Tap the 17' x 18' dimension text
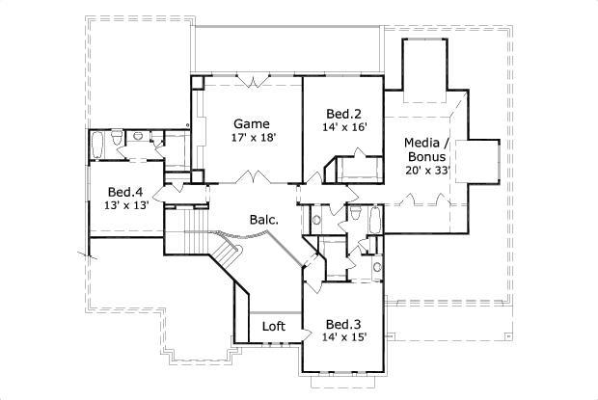(x=255, y=138)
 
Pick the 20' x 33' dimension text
(x=428, y=170)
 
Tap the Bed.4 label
(x=125, y=191)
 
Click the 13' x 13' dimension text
(x=125, y=205)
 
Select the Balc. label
(x=263, y=220)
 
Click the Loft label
(x=274, y=326)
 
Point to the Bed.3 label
(x=343, y=323)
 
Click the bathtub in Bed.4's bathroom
(x=96, y=147)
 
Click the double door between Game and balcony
(x=253, y=179)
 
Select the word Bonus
(x=425, y=156)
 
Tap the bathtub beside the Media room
(x=373, y=219)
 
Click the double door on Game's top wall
(x=253, y=79)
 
